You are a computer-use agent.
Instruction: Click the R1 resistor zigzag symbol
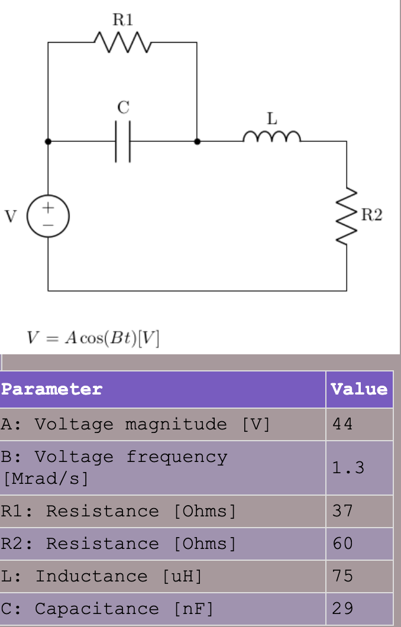point(123,43)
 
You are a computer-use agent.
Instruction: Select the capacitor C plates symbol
point(123,142)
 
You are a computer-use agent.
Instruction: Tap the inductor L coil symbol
point(271,138)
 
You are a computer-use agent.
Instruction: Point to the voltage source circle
point(48,216)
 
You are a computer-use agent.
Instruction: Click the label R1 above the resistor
point(123,20)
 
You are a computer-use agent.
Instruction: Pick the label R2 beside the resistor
point(371,215)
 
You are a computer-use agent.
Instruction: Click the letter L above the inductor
point(271,118)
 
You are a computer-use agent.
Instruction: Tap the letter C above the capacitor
point(123,108)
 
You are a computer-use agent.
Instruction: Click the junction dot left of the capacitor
point(48,142)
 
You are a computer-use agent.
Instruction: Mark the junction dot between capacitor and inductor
point(197,142)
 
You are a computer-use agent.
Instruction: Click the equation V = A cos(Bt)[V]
point(93,338)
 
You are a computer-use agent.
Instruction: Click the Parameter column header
point(52,389)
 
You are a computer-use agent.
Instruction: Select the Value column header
point(359,389)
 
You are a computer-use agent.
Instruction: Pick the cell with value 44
point(342,424)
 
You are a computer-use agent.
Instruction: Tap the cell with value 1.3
point(348,468)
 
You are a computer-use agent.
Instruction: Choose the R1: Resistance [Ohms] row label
point(118,511)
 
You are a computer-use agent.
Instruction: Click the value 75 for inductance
point(342,576)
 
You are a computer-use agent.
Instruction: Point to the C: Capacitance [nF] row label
point(107,609)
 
